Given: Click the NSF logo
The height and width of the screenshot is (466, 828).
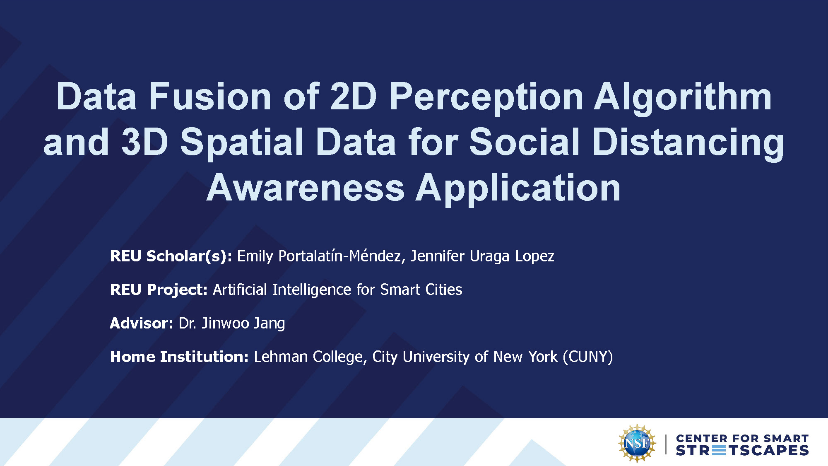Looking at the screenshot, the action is (637, 443).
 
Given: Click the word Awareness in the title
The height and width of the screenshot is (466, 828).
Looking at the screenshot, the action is (306, 188).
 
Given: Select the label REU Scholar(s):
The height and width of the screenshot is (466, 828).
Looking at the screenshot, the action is (171, 256).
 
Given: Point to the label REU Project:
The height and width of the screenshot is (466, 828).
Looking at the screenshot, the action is (159, 290).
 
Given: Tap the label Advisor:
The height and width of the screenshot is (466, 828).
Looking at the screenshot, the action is (142, 323).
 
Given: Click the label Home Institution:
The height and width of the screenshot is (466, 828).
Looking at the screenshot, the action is (179, 357).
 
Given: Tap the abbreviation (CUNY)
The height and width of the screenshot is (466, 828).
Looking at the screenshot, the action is (588, 357).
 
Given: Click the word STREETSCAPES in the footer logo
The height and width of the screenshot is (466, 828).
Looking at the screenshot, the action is (742, 451).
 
